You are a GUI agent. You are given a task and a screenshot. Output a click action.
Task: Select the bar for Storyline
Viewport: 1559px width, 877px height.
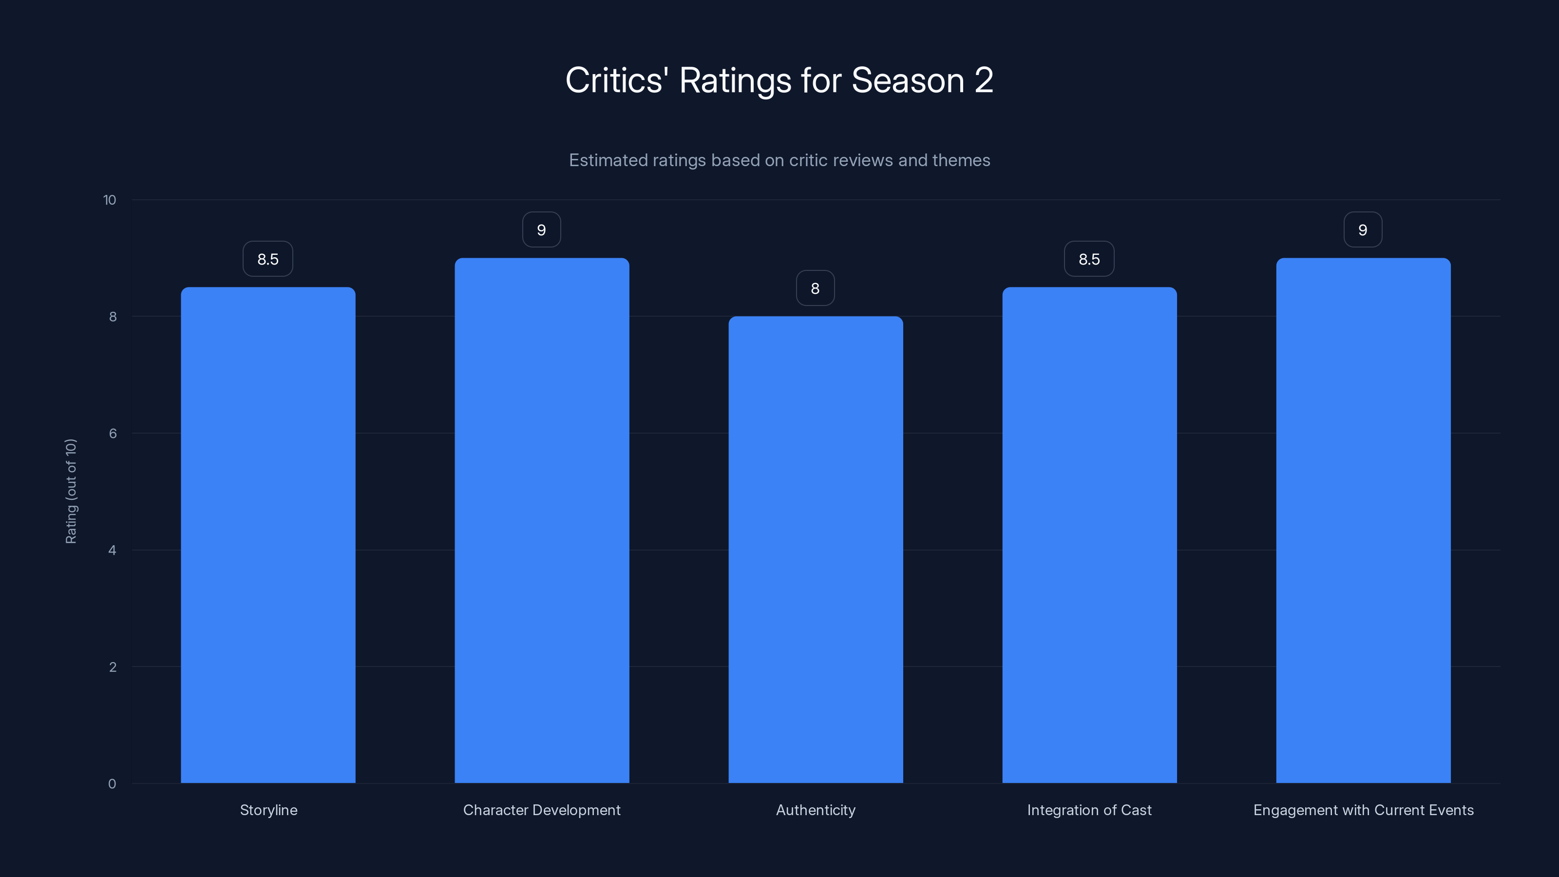coord(268,535)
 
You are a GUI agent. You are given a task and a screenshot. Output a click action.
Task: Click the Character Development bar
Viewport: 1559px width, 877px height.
coord(542,520)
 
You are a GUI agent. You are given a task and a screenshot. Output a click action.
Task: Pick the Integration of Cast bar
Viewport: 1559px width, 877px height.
coord(1089,535)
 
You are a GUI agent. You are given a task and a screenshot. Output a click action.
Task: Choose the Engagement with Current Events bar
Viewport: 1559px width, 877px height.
coord(1363,520)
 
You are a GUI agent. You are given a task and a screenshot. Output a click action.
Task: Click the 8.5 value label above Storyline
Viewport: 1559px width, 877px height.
coord(268,259)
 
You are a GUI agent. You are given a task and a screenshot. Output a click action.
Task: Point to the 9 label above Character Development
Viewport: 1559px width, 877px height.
coord(542,230)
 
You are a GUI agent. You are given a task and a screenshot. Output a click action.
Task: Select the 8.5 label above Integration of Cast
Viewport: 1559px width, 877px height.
coord(1089,259)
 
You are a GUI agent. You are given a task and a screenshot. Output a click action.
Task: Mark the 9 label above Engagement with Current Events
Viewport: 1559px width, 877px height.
coord(1363,230)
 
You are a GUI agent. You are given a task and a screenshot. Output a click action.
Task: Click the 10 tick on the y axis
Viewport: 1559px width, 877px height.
coord(110,200)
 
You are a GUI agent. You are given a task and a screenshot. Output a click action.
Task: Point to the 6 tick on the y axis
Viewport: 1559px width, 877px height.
coord(113,433)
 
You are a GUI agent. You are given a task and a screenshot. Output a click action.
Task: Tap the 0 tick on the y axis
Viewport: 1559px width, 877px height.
coord(112,784)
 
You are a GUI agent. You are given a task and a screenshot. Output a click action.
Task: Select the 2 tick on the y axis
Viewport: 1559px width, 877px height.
coord(113,667)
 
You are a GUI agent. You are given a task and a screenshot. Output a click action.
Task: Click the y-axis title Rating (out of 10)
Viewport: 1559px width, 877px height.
coord(71,492)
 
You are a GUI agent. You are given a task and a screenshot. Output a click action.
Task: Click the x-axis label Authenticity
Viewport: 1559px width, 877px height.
coord(815,810)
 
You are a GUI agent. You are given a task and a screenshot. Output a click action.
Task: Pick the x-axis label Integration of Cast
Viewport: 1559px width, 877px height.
coord(1089,810)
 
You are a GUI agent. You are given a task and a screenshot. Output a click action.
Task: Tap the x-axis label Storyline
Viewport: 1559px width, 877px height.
coord(268,810)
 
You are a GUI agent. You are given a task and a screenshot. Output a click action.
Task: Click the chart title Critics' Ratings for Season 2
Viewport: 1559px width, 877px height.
coord(779,80)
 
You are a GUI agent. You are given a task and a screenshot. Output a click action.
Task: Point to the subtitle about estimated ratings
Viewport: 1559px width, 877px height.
coord(779,160)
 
